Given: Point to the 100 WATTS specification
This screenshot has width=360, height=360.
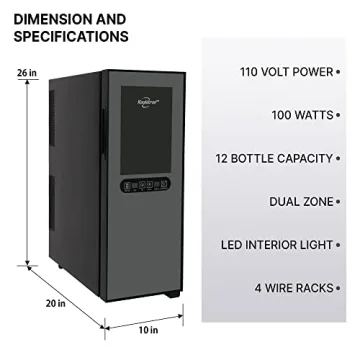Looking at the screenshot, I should [306, 115].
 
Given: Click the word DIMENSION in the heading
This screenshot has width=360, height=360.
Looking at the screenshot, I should [49, 19].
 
